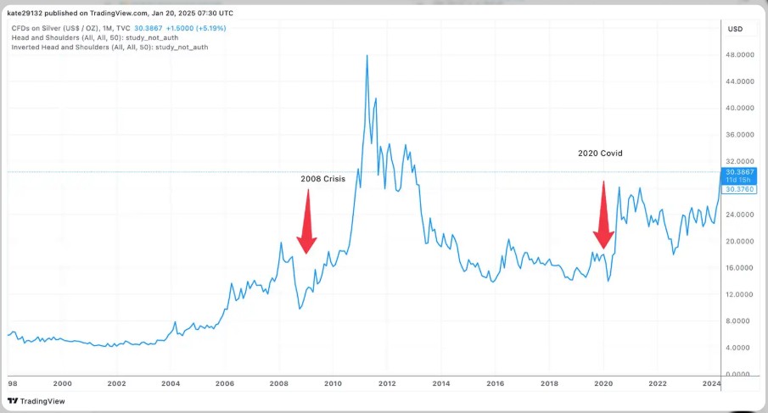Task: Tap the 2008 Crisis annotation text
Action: point(322,179)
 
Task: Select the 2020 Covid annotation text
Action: point(601,153)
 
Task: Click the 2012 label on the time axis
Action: point(387,384)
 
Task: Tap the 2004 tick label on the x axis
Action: point(171,384)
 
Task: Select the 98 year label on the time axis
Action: point(11,384)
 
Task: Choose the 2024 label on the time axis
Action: point(711,384)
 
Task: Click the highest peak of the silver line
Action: point(367,56)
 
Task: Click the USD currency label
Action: point(735,29)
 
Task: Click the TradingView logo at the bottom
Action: point(36,401)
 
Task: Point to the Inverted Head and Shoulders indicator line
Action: point(109,47)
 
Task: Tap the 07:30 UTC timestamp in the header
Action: point(213,14)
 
